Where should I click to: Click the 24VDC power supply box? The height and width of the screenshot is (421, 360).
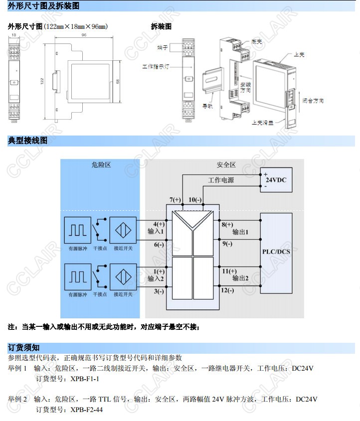point(276,180)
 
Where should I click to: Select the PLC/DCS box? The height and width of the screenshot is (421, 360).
point(276,252)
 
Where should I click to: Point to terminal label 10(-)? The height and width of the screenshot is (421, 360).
point(195,200)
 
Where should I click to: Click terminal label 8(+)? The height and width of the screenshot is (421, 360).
point(227,224)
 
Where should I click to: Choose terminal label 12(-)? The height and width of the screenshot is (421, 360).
point(227,290)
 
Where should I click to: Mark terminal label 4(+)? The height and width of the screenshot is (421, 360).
point(159,224)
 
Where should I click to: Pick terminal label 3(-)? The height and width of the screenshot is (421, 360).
point(159,291)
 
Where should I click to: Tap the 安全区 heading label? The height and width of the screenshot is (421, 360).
point(226,165)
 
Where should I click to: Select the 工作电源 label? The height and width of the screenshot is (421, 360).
point(221,180)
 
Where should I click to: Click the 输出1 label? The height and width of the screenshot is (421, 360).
point(240,232)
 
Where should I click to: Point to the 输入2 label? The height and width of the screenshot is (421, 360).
point(156,279)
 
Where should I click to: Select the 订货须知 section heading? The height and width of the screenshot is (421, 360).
point(23,347)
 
